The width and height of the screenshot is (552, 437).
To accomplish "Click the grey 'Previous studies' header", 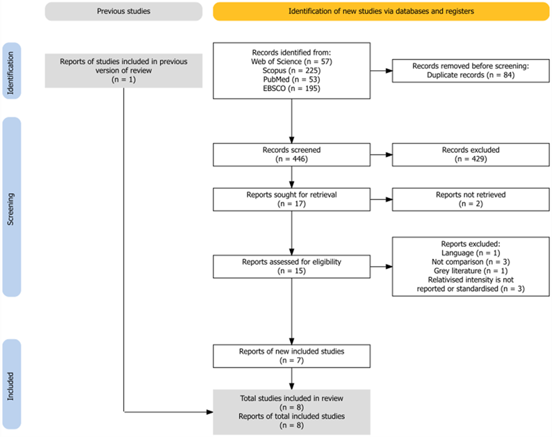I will tap(123, 11).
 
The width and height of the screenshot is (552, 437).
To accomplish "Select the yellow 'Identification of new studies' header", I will tap(380, 11).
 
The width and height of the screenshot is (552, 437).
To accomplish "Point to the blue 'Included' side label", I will tap(13, 384).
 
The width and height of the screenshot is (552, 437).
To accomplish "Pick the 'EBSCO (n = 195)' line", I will tap(292, 88).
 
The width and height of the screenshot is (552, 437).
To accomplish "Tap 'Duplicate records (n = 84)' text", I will tap(471, 75).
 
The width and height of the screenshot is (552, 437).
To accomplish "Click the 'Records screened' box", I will tap(292, 154).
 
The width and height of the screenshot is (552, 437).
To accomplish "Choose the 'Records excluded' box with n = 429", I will tap(471, 154).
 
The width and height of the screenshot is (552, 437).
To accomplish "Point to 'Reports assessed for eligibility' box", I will tap(292, 266).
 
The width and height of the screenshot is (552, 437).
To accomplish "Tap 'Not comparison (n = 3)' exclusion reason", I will tap(471, 261).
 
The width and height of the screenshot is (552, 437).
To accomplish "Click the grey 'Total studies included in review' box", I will tap(292, 411).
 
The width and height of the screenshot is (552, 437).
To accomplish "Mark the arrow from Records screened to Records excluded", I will tap(381, 155).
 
